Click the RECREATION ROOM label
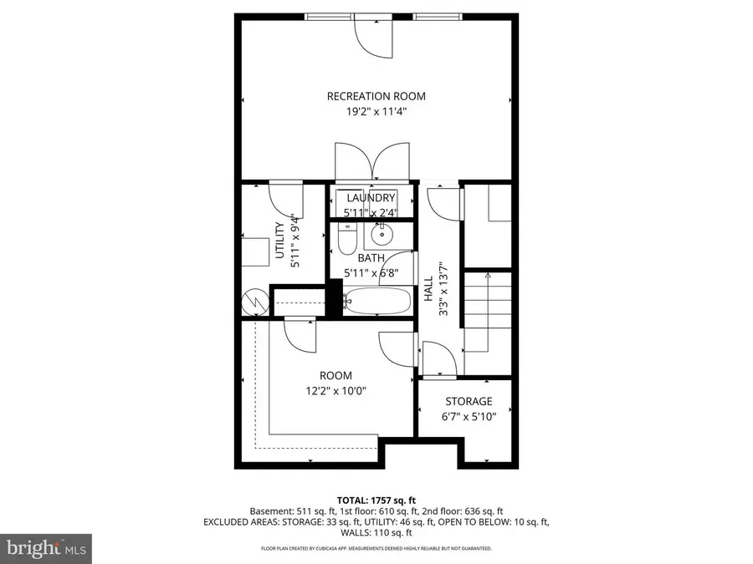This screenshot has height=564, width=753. (x=370, y=96)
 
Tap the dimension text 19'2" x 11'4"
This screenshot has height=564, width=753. (x=370, y=110)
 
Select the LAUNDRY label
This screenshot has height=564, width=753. (x=371, y=198)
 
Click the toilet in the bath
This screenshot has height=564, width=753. (x=345, y=241)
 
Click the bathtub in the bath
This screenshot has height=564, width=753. (x=376, y=301)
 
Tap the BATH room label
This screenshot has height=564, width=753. (x=371, y=258)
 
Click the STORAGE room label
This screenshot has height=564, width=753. (x=468, y=401)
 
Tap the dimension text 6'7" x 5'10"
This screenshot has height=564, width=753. (x=468, y=415)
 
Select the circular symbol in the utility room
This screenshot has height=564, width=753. (x=254, y=302)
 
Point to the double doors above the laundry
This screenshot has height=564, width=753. (x=371, y=164)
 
